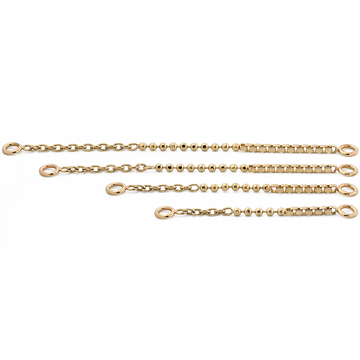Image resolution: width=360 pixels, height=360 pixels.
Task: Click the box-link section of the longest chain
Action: click(300, 151)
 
